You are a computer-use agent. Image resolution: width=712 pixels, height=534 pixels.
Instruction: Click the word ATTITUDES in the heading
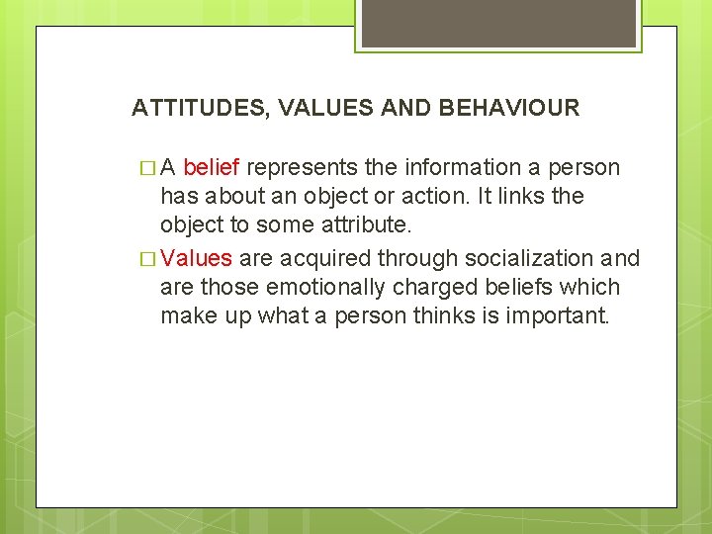(198, 108)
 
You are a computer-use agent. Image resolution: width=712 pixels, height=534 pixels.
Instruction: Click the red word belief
(212, 167)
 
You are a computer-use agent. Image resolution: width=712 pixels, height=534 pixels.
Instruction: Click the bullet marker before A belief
(147, 168)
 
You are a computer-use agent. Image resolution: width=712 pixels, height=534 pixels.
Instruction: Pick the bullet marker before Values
(147, 259)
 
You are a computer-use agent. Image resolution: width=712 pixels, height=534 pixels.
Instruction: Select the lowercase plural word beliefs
(506, 288)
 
